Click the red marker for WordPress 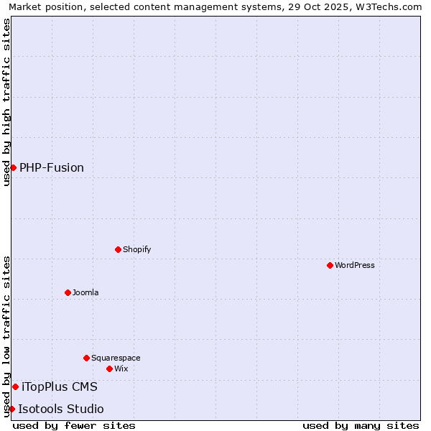coord(330,265)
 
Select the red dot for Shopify coord(118,249)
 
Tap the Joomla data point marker coord(68,292)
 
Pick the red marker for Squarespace coord(86,358)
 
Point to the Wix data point coord(109,369)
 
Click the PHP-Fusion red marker coord(13,167)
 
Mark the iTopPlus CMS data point coord(15,386)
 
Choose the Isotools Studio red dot coord(11,409)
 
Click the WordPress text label coord(355,265)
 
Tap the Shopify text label coord(137,249)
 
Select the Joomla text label coord(85,292)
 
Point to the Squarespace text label coord(116,358)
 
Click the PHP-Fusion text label coord(52,167)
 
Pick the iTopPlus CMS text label coord(60,386)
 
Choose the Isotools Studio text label coord(61,409)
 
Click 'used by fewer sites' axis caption coord(74,425)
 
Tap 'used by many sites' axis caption coord(361,425)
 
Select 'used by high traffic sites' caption coord(6,102)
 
